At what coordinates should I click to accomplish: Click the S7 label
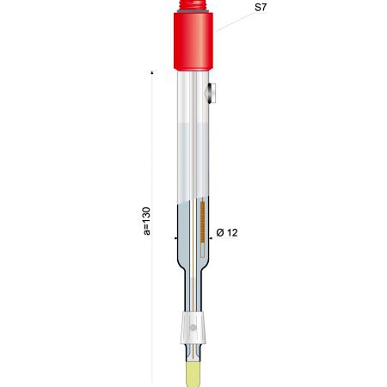261,7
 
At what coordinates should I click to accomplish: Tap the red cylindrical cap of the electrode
193,41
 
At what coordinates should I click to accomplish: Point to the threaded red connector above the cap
193,4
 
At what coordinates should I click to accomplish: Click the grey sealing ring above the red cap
193,11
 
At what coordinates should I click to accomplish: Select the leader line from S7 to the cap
235,21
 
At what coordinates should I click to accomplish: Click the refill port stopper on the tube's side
212,93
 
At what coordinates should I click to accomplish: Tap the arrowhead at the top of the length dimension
152,72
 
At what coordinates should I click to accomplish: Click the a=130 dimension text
147,221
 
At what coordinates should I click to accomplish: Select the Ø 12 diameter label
227,232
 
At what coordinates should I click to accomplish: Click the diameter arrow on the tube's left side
172,238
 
